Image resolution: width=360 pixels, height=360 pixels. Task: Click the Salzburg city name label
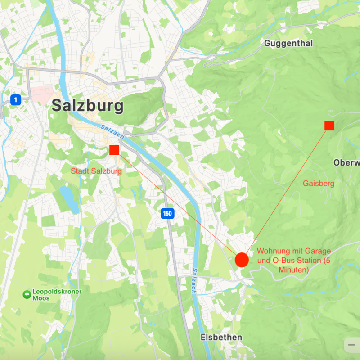pyautogui.click(x=87, y=106)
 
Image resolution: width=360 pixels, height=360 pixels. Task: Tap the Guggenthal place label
pyautogui.click(x=288, y=44)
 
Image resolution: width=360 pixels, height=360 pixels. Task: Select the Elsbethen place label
pyautogui.click(x=221, y=337)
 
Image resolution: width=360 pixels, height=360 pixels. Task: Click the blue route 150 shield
pyautogui.click(x=167, y=214)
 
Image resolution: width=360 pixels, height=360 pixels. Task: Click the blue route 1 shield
pyautogui.click(x=16, y=100)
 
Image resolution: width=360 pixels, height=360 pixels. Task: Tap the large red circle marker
pyautogui.click(x=242, y=260)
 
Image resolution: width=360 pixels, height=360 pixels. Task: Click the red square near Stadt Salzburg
pyautogui.click(x=114, y=150)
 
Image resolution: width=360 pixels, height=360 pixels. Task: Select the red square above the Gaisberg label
pyautogui.click(x=329, y=126)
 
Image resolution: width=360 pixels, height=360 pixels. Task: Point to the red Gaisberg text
pyautogui.click(x=319, y=184)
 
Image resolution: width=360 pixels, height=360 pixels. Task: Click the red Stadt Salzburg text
pyautogui.click(x=96, y=171)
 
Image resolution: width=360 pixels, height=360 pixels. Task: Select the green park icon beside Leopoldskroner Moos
pyautogui.click(x=27, y=294)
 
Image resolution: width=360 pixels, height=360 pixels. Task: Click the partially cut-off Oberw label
pyautogui.click(x=346, y=162)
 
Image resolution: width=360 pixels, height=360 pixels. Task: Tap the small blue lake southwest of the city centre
pyautogui.click(x=69, y=198)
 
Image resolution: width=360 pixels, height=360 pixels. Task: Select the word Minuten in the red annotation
pyautogui.click(x=293, y=270)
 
